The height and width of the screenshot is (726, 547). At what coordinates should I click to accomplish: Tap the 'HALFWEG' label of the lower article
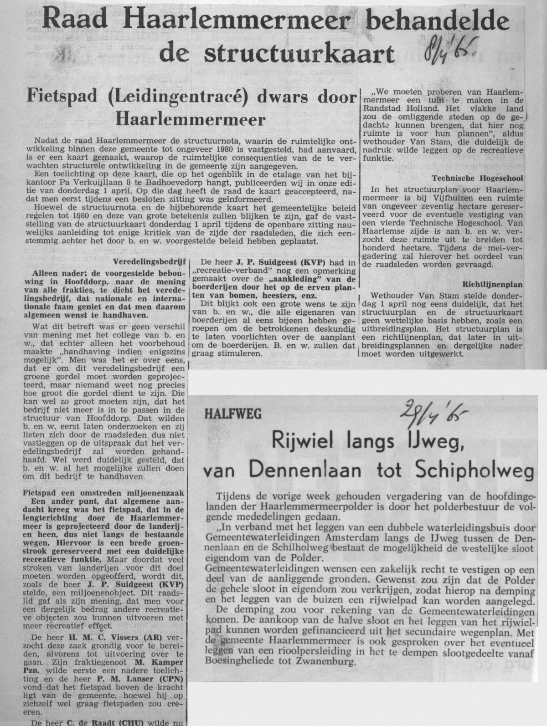point(233,414)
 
